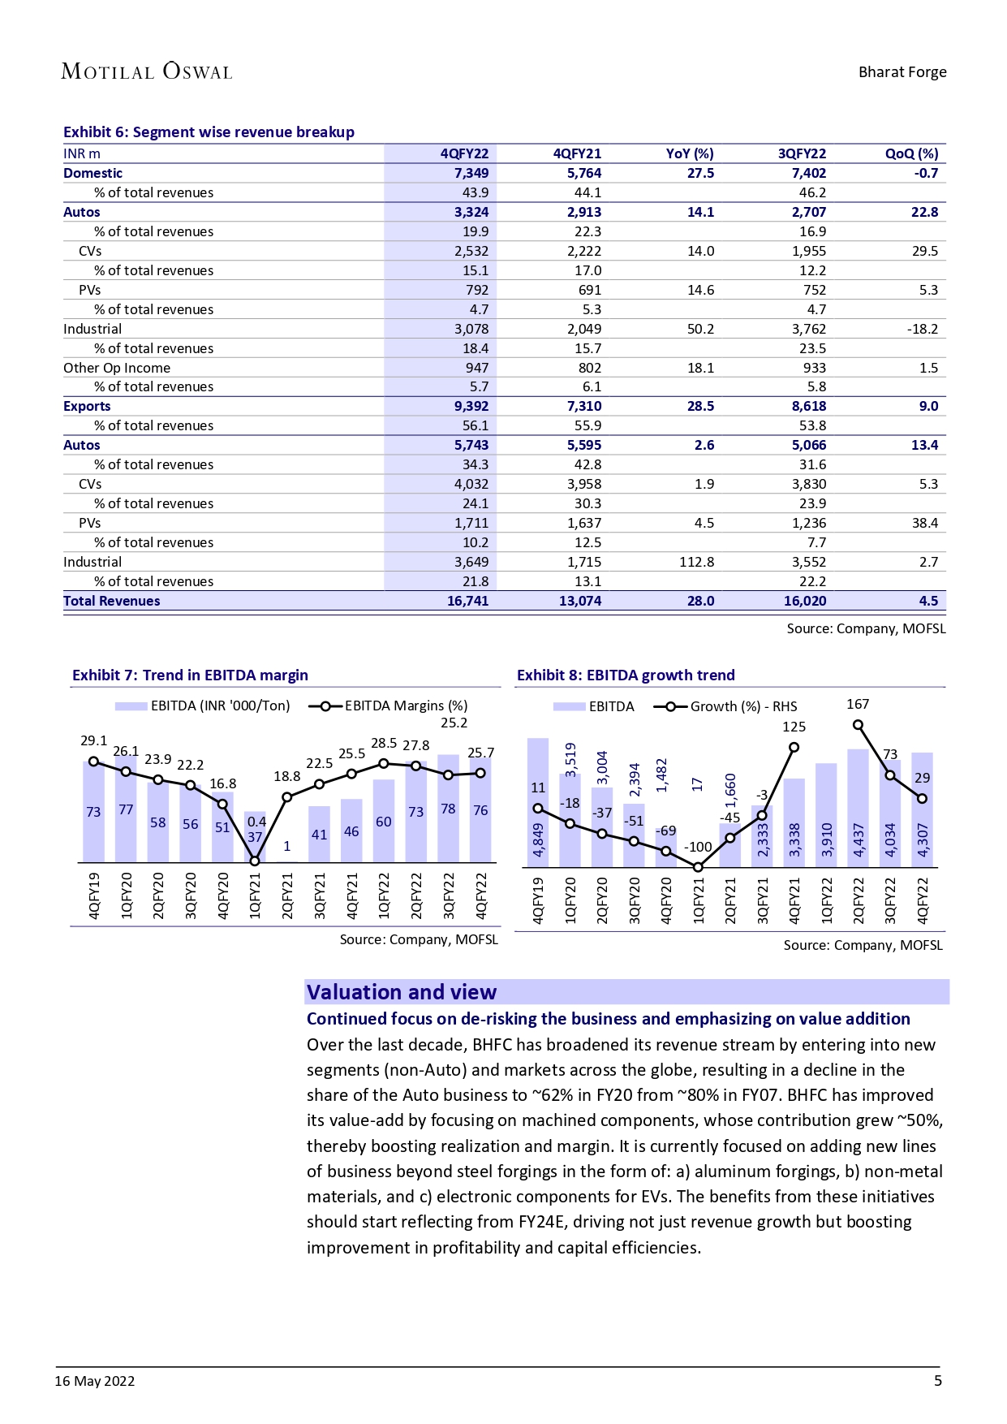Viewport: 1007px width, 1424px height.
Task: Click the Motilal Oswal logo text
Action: point(147,71)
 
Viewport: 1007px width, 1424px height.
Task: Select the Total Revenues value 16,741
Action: point(467,601)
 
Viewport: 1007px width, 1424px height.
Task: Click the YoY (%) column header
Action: point(689,153)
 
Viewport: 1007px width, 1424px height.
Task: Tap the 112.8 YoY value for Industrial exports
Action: point(696,562)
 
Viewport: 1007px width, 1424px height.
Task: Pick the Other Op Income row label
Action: point(117,368)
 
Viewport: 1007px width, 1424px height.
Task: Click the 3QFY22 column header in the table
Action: point(802,153)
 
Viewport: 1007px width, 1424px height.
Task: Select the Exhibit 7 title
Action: point(190,675)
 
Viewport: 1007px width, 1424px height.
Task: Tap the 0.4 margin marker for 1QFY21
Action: point(255,861)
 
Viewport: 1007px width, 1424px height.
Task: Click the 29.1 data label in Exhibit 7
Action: point(93,740)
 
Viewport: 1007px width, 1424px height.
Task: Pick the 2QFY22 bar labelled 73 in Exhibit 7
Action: point(415,812)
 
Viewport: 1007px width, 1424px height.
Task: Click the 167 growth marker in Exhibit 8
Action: point(858,725)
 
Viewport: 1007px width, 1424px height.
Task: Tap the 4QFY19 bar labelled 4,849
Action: point(538,804)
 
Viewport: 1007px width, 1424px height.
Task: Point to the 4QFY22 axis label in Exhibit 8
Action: point(922,900)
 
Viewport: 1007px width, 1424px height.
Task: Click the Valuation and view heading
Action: point(402,992)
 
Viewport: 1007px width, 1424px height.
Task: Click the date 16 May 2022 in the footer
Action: point(95,1381)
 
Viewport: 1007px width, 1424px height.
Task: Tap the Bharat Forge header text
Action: point(902,71)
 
